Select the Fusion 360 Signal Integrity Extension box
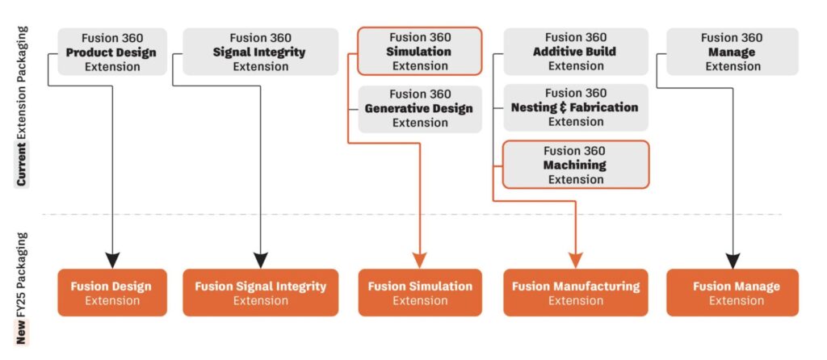click(x=260, y=52)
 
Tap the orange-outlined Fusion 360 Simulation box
click(x=420, y=51)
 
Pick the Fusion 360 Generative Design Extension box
click(x=420, y=108)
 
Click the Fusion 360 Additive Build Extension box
click(x=575, y=52)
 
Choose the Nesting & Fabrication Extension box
click(x=575, y=107)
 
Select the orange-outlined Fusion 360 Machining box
click(x=575, y=165)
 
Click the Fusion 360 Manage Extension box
click(x=733, y=52)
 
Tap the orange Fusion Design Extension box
click(x=111, y=293)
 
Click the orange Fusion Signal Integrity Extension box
click(x=260, y=293)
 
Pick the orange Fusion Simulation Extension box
click(x=420, y=293)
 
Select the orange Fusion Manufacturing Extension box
click(x=575, y=293)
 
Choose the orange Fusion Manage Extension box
click(x=733, y=293)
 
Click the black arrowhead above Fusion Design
click(x=112, y=260)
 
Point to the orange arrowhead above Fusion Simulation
click(x=420, y=260)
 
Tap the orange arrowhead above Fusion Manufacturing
click(x=575, y=260)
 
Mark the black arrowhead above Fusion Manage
click(x=733, y=260)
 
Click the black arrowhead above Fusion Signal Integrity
click(x=261, y=260)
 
